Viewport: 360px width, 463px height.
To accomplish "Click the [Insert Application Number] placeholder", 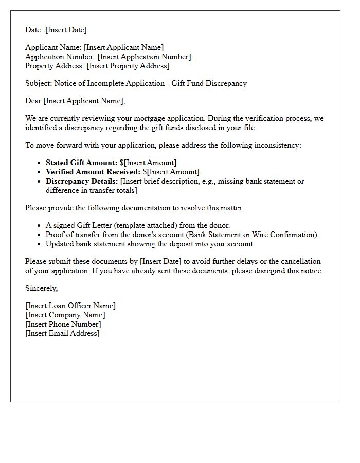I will tap(144, 57).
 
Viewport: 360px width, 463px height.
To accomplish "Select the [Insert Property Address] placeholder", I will tap(128, 66).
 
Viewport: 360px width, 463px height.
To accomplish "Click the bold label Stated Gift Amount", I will tap(81, 163).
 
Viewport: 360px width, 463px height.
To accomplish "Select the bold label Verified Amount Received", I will tap(93, 172).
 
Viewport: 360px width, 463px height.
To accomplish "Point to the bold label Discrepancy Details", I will tap(82, 181).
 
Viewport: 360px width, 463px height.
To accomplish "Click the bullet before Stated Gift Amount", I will tap(40, 163).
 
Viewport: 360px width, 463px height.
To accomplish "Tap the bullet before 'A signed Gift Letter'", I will tap(40, 226).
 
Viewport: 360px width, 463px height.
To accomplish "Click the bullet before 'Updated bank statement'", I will tap(40, 244).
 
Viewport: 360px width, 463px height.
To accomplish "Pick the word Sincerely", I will tap(42, 288).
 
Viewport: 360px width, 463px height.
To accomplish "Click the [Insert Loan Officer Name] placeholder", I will tap(70, 306).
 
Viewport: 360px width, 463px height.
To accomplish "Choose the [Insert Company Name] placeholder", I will tap(65, 315).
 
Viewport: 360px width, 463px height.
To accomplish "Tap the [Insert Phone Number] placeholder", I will tap(63, 324).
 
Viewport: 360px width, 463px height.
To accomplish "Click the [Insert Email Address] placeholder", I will tap(62, 333).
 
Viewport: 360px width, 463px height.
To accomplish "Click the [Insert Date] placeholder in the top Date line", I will tap(66, 30).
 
